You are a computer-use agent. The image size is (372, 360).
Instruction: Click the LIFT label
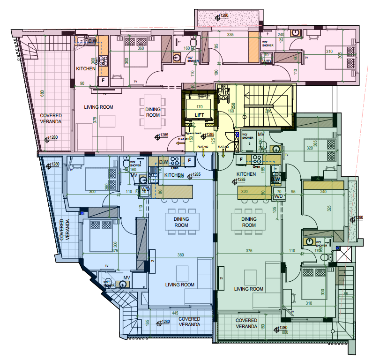(x=200, y=115)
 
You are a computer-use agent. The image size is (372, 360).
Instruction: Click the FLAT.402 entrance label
(x=203, y=147)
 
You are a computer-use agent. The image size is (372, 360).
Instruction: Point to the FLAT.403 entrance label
(x=223, y=147)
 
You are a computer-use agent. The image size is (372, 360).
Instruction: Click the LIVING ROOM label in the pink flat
(x=99, y=107)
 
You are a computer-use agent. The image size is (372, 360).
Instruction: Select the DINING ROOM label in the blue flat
(x=181, y=222)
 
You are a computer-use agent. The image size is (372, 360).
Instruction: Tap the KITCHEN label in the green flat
(x=246, y=174)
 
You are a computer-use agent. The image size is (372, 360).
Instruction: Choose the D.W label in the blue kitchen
(x=163, y=162)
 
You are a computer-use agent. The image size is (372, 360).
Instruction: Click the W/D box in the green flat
(x=279, y=196)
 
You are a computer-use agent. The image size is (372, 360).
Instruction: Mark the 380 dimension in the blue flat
(x=180, y=255)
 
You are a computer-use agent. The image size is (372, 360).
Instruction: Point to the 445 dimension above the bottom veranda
(x=174, y=313)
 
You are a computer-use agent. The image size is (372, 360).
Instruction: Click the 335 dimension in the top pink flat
(x=230, y=35)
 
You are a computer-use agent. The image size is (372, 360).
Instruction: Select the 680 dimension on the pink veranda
(x=43, y=94)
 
